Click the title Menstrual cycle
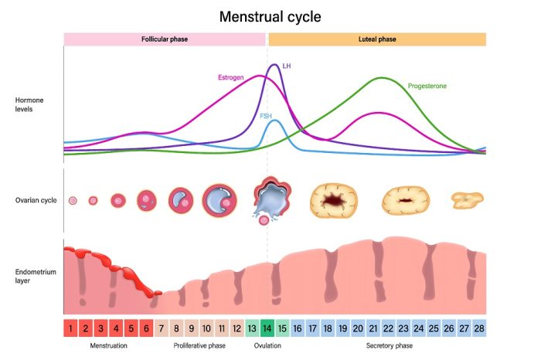270,16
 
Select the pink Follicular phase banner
165,39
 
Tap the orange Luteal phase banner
376,39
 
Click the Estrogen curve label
230,77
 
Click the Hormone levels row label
32,104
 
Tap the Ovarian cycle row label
35,200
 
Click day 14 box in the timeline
267,328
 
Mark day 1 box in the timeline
71,328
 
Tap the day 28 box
478,328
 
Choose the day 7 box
162,328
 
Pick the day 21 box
373,328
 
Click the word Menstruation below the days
109,346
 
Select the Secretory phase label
389,346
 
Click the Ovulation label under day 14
267,346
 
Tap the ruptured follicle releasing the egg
266,199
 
